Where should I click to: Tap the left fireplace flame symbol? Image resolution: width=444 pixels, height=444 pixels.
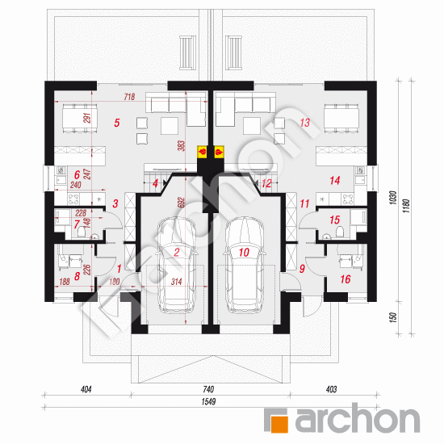coord(203,150)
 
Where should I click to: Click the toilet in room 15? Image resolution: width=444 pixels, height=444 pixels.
coord(341,232)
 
